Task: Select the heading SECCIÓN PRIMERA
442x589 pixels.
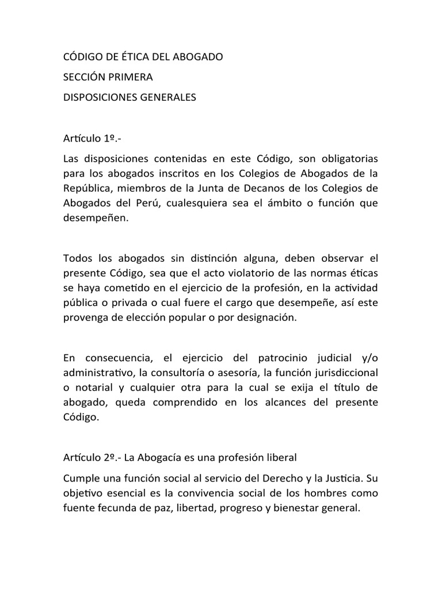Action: (108, 77)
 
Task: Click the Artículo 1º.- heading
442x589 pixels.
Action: (89, 139)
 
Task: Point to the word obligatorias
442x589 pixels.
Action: (345, 158)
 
